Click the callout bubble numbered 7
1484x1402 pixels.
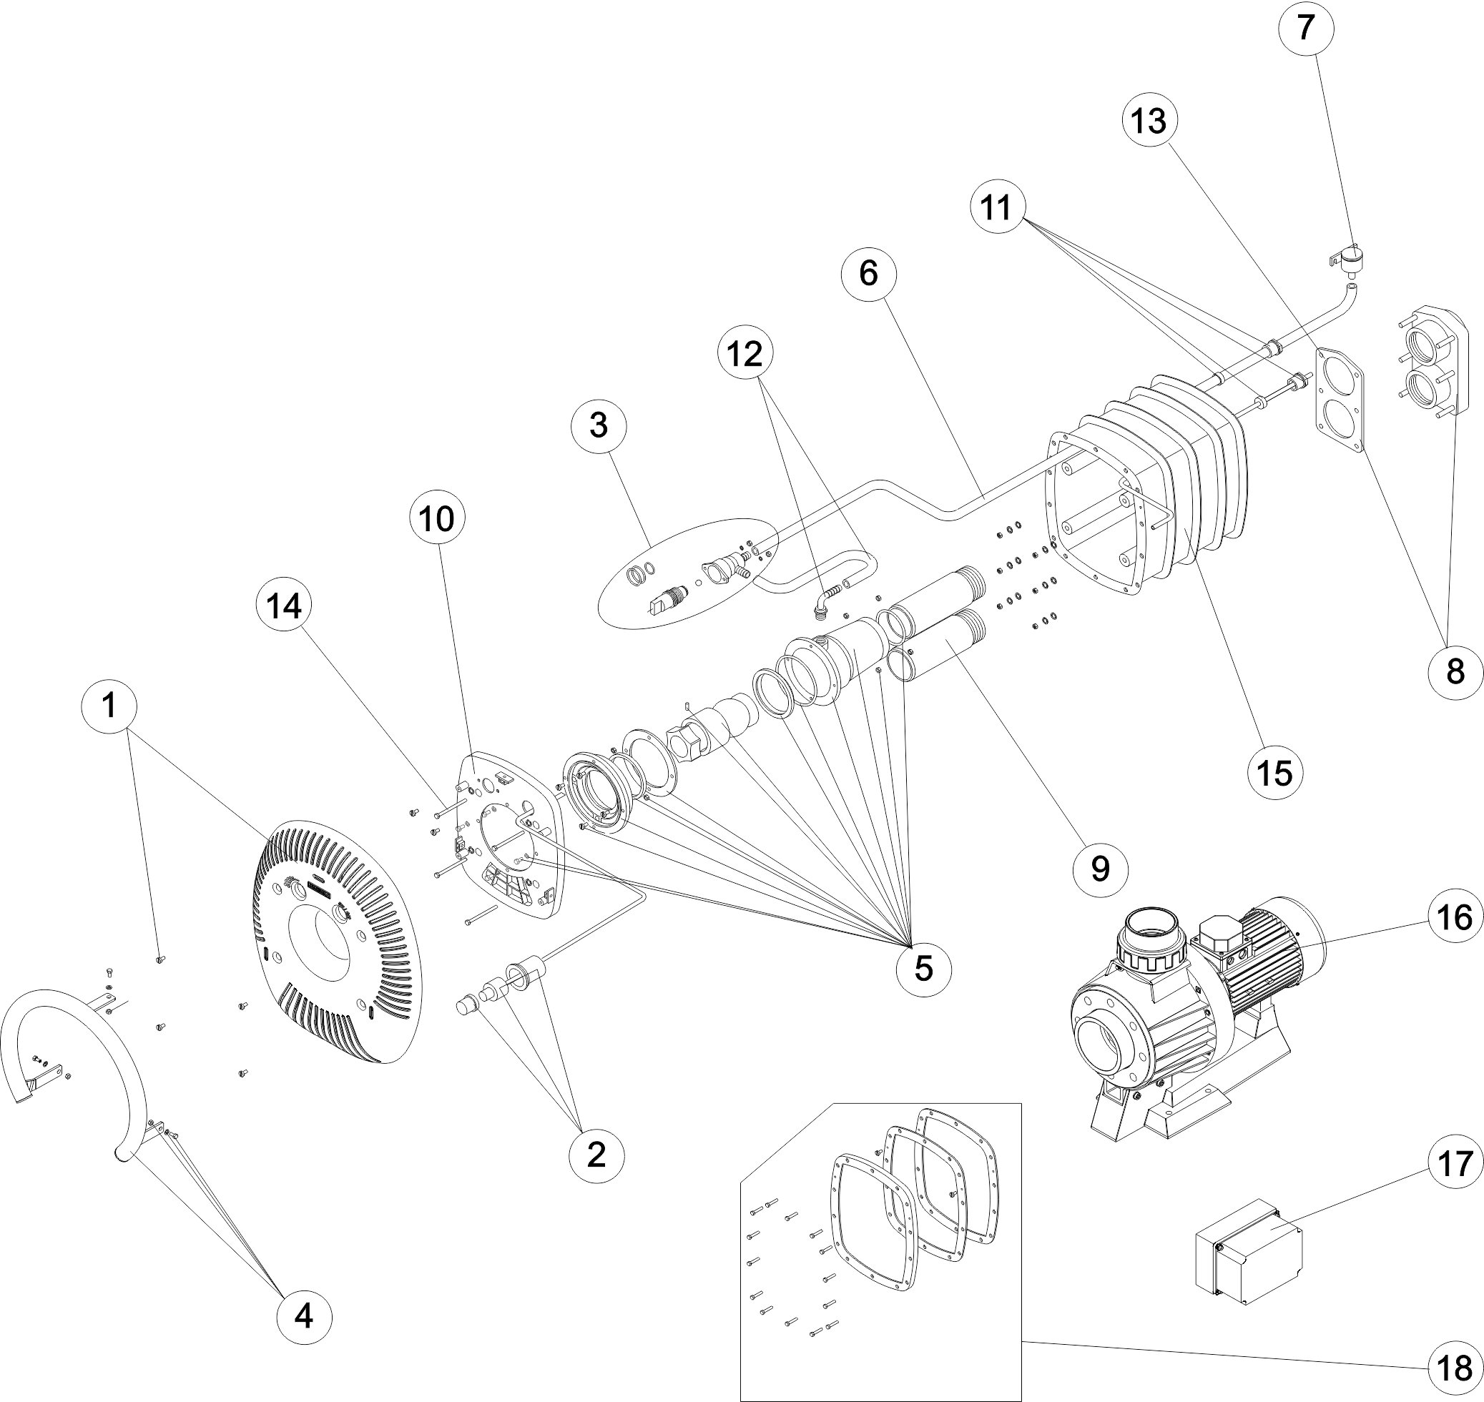pyautogui.click(x=1304, y=28)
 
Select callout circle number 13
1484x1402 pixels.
pyautogui.click(x=1149, y=119)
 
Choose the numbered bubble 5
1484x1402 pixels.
pyautogui.click(x=924, y=969)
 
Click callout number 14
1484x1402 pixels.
pyautogui.click(x=285, y=607)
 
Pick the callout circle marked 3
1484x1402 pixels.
pyautogui.click(x=599, y=425)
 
